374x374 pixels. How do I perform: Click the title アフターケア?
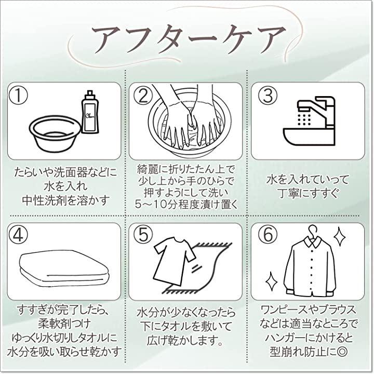[x=189, y=40]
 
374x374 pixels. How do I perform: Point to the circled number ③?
[x=268, y=96]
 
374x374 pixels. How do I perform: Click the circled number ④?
[x=18, y=236]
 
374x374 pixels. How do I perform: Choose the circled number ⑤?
[x=143, y=234]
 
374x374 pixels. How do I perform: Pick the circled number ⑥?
[x=268, y=234]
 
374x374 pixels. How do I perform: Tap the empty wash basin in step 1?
[x=55, y=133]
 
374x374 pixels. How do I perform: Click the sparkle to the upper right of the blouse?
[x=340, y=236]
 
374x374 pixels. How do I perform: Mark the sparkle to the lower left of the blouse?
[x=272, y=282]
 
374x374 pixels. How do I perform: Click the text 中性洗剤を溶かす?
[x=65, y=200]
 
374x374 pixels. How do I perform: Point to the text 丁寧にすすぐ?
[x=309, y=193]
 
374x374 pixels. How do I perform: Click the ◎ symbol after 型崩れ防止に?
[x=342, y=351]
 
